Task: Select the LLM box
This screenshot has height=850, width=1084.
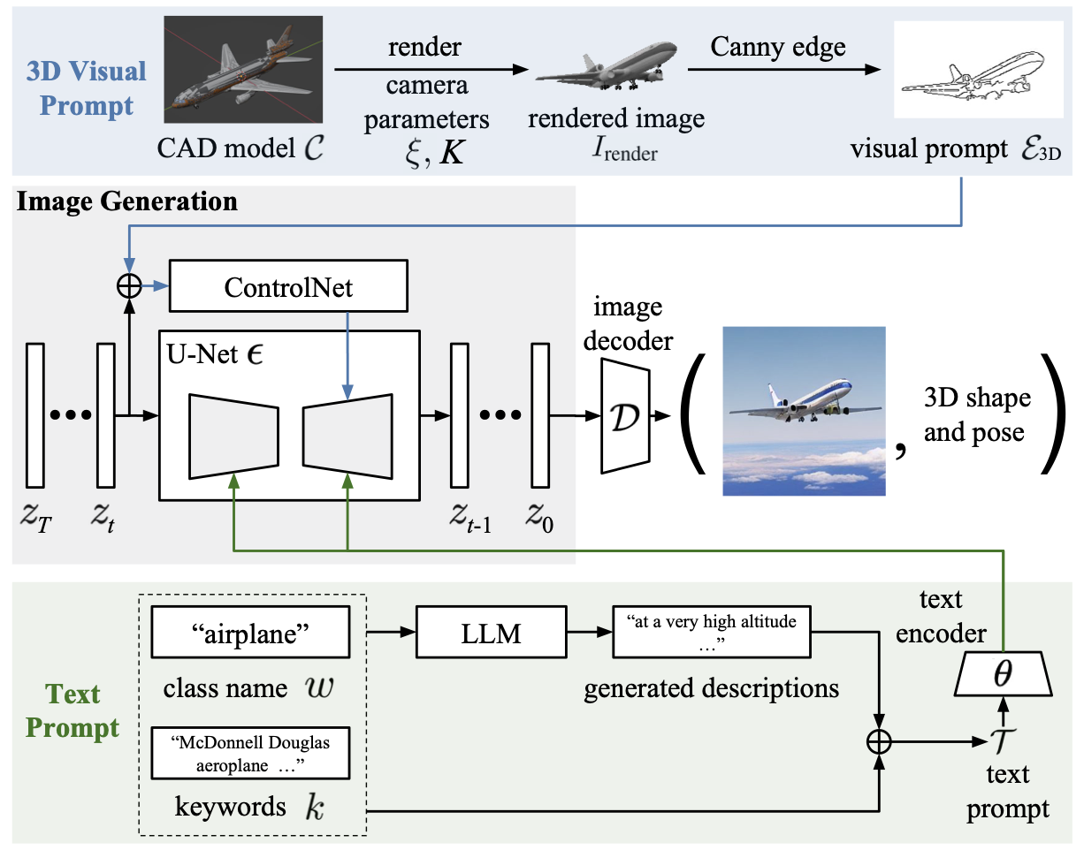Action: (x=491, y=633)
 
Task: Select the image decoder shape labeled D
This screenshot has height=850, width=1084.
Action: (x=624, y=415)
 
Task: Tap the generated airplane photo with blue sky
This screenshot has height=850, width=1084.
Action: (x=804, y=411)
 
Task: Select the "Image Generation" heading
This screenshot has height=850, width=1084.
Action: (x=126, y=201)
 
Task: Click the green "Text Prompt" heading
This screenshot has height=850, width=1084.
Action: (x=73, y=711)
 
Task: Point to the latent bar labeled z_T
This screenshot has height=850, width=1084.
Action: (x=35, y=415)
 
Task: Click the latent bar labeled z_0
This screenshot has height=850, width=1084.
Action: (x=540, y=415)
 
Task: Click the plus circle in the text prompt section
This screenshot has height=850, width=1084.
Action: (x=879, y=742)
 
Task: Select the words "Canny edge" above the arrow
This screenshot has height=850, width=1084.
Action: (x=778, y=48)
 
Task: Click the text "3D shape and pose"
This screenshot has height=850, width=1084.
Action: (x=976, y=415)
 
